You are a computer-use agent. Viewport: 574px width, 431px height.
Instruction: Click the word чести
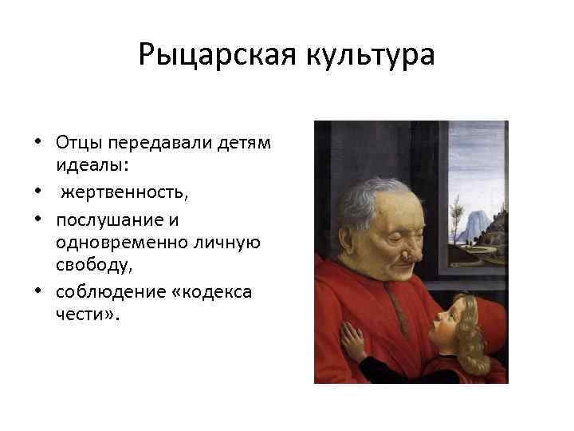click(x=83, y=314)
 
